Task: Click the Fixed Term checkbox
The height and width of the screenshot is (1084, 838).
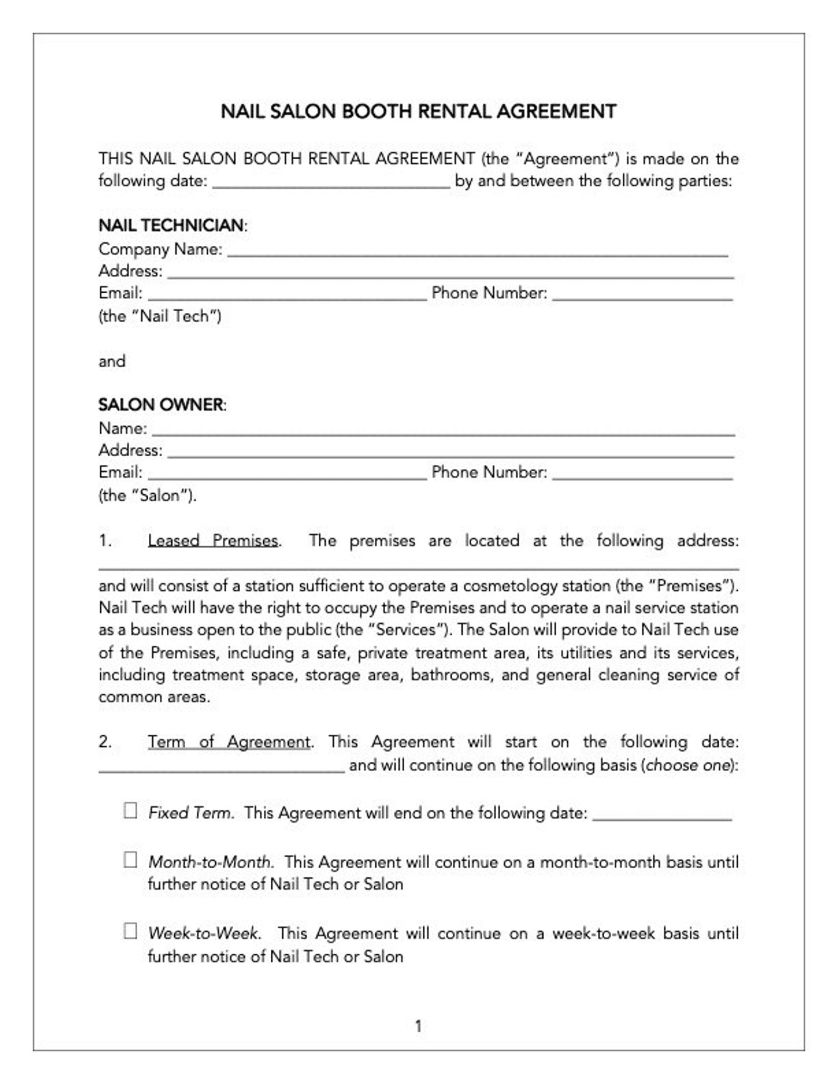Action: pyautogui.click(x=130, y=811)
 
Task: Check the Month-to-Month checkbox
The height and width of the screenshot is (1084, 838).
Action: pyautogui.click(x=130, y=860)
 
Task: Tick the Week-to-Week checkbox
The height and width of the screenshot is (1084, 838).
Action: pyautogui.click(x=130, y=931)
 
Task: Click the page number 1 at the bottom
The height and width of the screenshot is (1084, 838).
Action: pyautogui.click(x=418, y=1027)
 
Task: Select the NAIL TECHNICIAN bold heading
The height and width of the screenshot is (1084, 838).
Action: pyautogui.click(x=172, y=225)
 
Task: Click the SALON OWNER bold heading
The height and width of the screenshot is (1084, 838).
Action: pyautogui.click(x=161, y=405)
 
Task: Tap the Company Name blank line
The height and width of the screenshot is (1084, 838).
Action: pyautogui.click(x=478, y=251)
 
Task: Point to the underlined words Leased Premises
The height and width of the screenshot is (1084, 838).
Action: pyautogui.click(x=213, y=541)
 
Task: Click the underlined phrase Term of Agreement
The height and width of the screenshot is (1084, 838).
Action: pyautogui.click(x=228, y=742)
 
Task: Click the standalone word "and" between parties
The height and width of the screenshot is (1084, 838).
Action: pyautogui.click(x=112, y=361)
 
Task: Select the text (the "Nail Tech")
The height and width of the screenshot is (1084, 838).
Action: pyautogui.click(x=160, y=316)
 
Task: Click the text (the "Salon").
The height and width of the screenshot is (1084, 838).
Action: pyautogui.click(x=147, y=496)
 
